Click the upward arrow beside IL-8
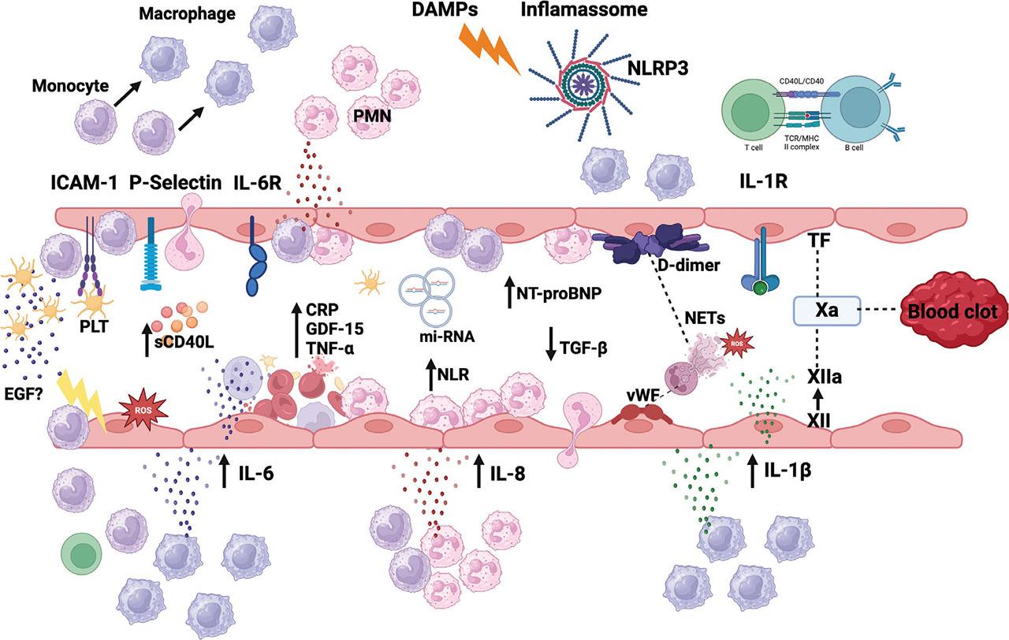[x=479, y=471]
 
